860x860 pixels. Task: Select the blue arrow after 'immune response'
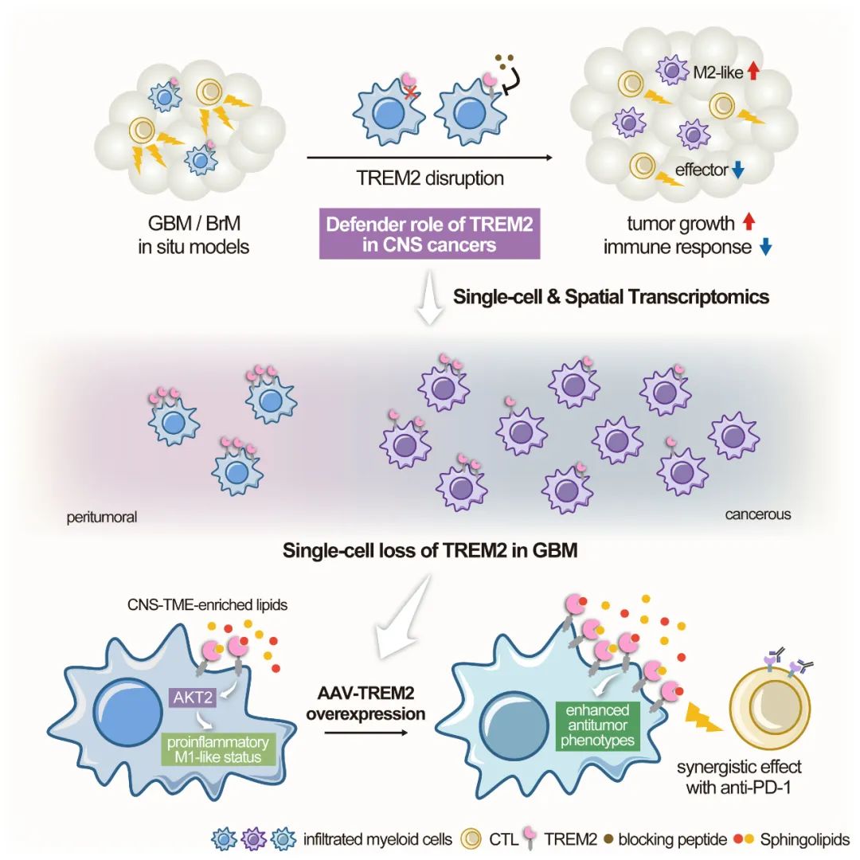pos(765,248)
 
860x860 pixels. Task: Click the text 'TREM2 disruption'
pos(430,178)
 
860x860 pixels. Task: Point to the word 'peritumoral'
pos(102,517)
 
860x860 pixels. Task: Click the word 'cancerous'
pos(757,514)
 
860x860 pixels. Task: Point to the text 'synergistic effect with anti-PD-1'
pos(738,778)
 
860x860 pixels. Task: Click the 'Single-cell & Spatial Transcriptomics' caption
pos(611,297)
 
